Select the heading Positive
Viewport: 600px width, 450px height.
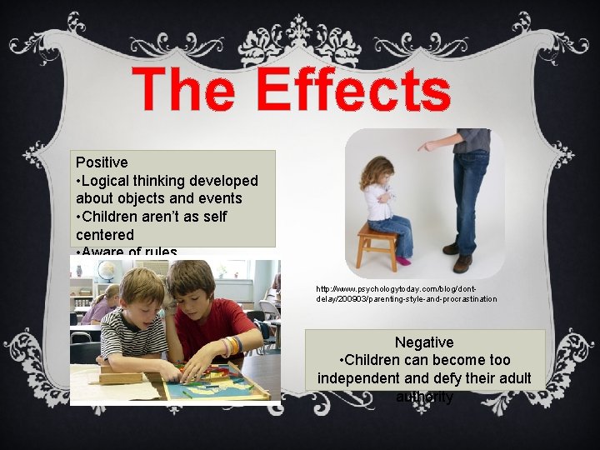pos(102,162)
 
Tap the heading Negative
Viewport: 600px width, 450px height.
pos(424,342)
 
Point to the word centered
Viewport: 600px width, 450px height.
pos(104,235)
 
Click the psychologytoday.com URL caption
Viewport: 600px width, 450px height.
pos(406,293)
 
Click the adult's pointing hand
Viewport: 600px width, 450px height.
pos(428,147)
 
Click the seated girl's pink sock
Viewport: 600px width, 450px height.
pos(404,261)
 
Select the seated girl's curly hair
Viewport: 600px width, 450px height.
pos(374,172)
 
